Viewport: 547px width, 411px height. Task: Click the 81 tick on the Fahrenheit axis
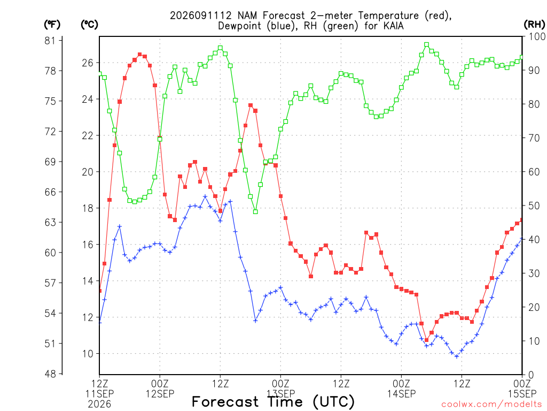coord(50,41)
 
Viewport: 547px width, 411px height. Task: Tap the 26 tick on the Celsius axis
coord(88,63)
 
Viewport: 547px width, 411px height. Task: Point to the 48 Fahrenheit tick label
coord(50,374)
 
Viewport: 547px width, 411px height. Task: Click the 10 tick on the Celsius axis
coord(88,354)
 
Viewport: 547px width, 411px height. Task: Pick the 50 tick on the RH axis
coord(534,206)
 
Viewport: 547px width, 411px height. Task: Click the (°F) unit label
coord(52,25)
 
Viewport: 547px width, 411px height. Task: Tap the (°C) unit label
coord(89,25)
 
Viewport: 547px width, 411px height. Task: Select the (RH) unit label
coord(534,25)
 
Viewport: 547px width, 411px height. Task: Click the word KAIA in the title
coord(394,26)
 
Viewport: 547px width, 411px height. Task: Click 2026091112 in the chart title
coord(201,16)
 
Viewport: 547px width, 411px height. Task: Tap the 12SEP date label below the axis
coord(160,394)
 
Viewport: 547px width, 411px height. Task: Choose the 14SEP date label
coord(401,394)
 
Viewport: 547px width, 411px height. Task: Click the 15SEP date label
coord(522,394)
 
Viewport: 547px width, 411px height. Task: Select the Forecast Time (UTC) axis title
coord(273,402)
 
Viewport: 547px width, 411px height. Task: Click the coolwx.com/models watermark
coord(493,405)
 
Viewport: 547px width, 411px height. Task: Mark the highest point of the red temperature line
coord(140,54)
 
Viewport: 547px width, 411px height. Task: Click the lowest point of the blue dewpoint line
coord(457,356)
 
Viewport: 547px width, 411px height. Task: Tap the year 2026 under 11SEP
coord(99,405)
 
